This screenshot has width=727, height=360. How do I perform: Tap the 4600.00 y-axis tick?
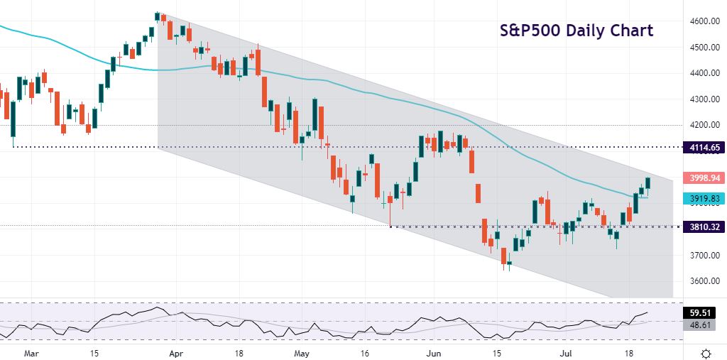coord(701,21)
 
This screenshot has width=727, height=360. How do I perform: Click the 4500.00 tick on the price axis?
coord(701,48)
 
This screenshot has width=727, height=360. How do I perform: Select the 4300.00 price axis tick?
coord(701,99)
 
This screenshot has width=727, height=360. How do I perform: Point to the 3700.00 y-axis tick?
coord(701,255)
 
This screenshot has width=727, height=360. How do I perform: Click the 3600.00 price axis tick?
coord(701,281)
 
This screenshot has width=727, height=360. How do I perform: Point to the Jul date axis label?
coord(565,352)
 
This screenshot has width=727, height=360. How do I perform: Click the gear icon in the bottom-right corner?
coord(706,353)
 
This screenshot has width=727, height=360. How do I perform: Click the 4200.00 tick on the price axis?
coord(701,125)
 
